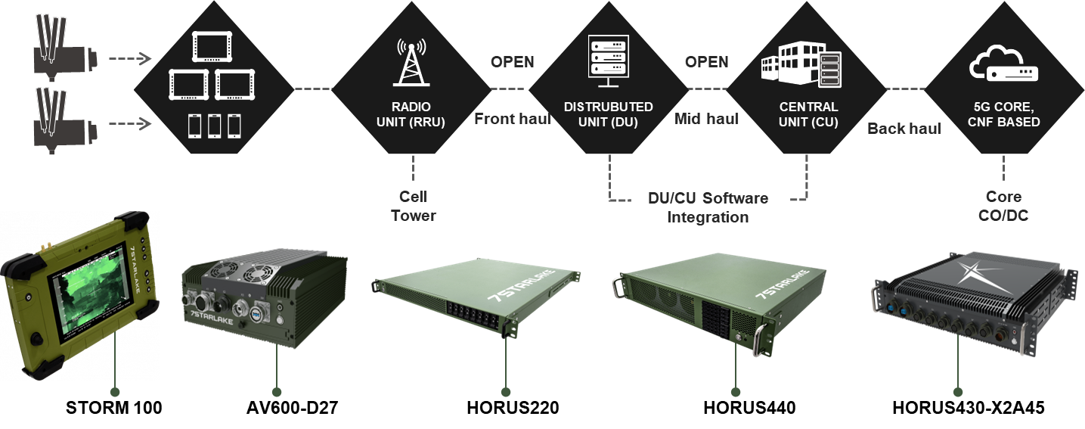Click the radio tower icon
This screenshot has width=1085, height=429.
(x=411, y=61)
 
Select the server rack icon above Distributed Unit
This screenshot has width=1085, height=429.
(x=608, y=60)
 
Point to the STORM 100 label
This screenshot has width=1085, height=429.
(x=114, y=408)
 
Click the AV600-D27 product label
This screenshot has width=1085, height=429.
(x=292, y=408)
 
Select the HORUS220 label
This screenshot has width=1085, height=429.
(x=513, y=408)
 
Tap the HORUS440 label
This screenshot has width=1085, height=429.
(x=749, y=408)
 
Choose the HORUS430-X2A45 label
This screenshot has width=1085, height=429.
(x=969, y=408)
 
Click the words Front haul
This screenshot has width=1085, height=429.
(x=512, y=119)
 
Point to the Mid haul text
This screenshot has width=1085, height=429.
(x=706, y=119)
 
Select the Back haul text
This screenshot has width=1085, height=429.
(x=904, y=129)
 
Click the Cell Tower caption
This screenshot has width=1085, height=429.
(x=414, y=206)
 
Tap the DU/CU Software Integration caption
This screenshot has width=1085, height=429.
(x=708, y=207)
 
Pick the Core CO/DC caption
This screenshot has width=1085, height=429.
(x=1003, y=206)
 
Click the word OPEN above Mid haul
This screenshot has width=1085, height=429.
(x=706, y=62)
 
